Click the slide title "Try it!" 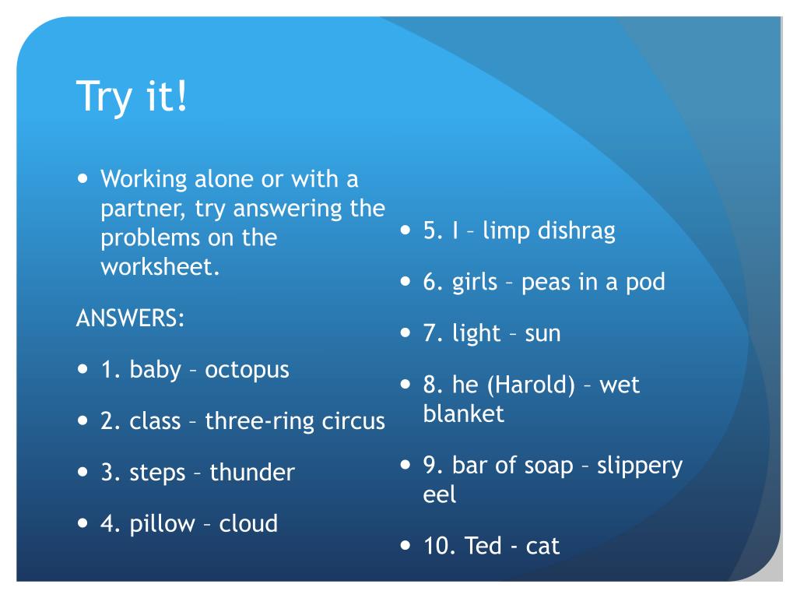(x=132, y=96)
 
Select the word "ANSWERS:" (x=130, y=318)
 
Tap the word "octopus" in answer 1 (x=247, y=371)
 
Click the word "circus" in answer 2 (x=353, y=421)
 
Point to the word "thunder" (x=252, y=472)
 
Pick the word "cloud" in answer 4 (x=248, y=523)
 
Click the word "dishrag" (x=577, y=231)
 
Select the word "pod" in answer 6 (x=645, y=283)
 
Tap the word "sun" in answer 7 (x=542, y=334)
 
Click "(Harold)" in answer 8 (x=531, y=385)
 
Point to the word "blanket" (x=464, y=414)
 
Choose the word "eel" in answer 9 (x=440, y=494)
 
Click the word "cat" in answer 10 (x=542, y=547)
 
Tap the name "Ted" (x=483, y=546)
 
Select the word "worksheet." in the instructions (x=160, y=267)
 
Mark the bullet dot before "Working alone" (x=83, y=178)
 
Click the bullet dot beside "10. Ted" (x=405, y=546)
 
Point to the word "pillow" (x=162, y=524)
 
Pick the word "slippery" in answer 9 (x=640, y=466)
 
